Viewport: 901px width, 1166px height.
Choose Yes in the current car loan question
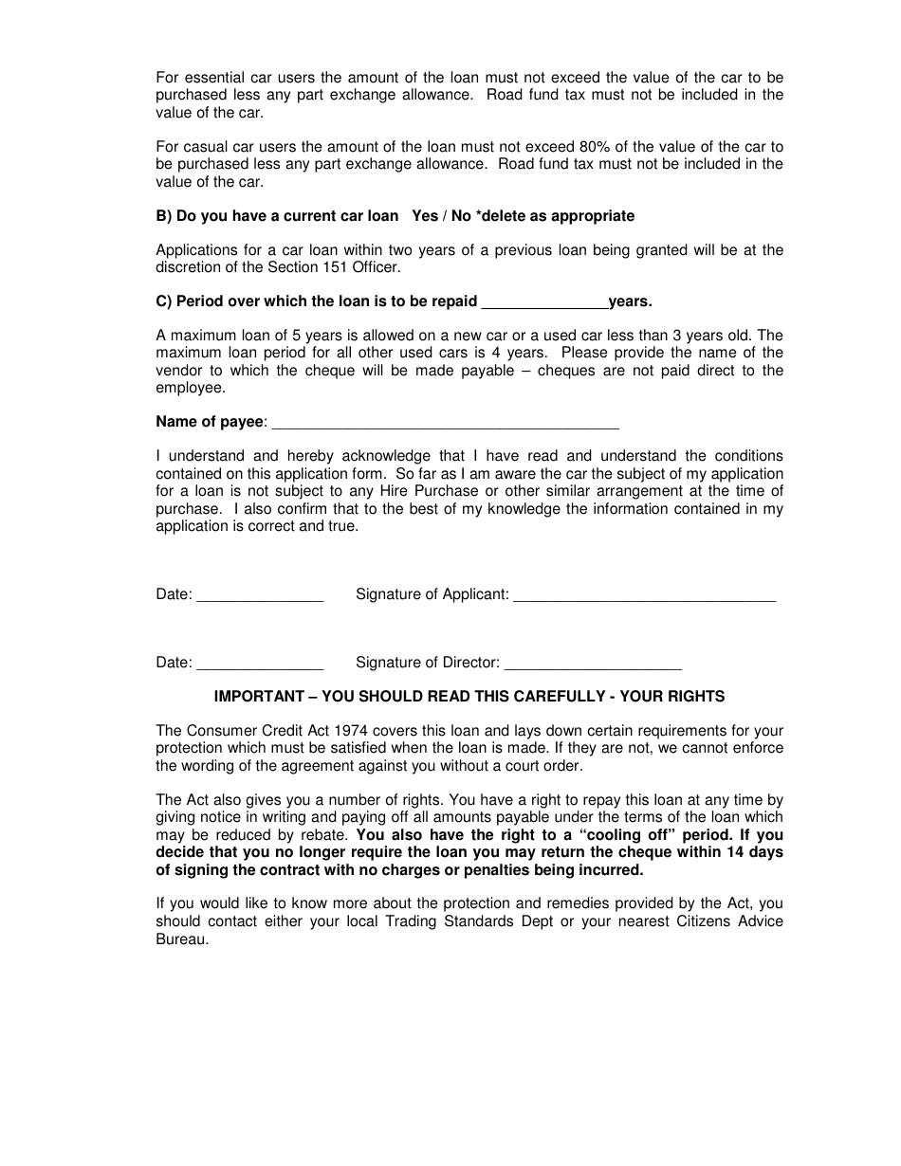425,216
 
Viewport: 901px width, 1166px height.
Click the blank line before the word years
545,302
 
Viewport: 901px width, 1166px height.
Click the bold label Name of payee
210,422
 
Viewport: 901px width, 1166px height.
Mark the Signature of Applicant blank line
644,595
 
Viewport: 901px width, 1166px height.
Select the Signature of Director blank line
592,664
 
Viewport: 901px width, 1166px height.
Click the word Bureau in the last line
180,938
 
